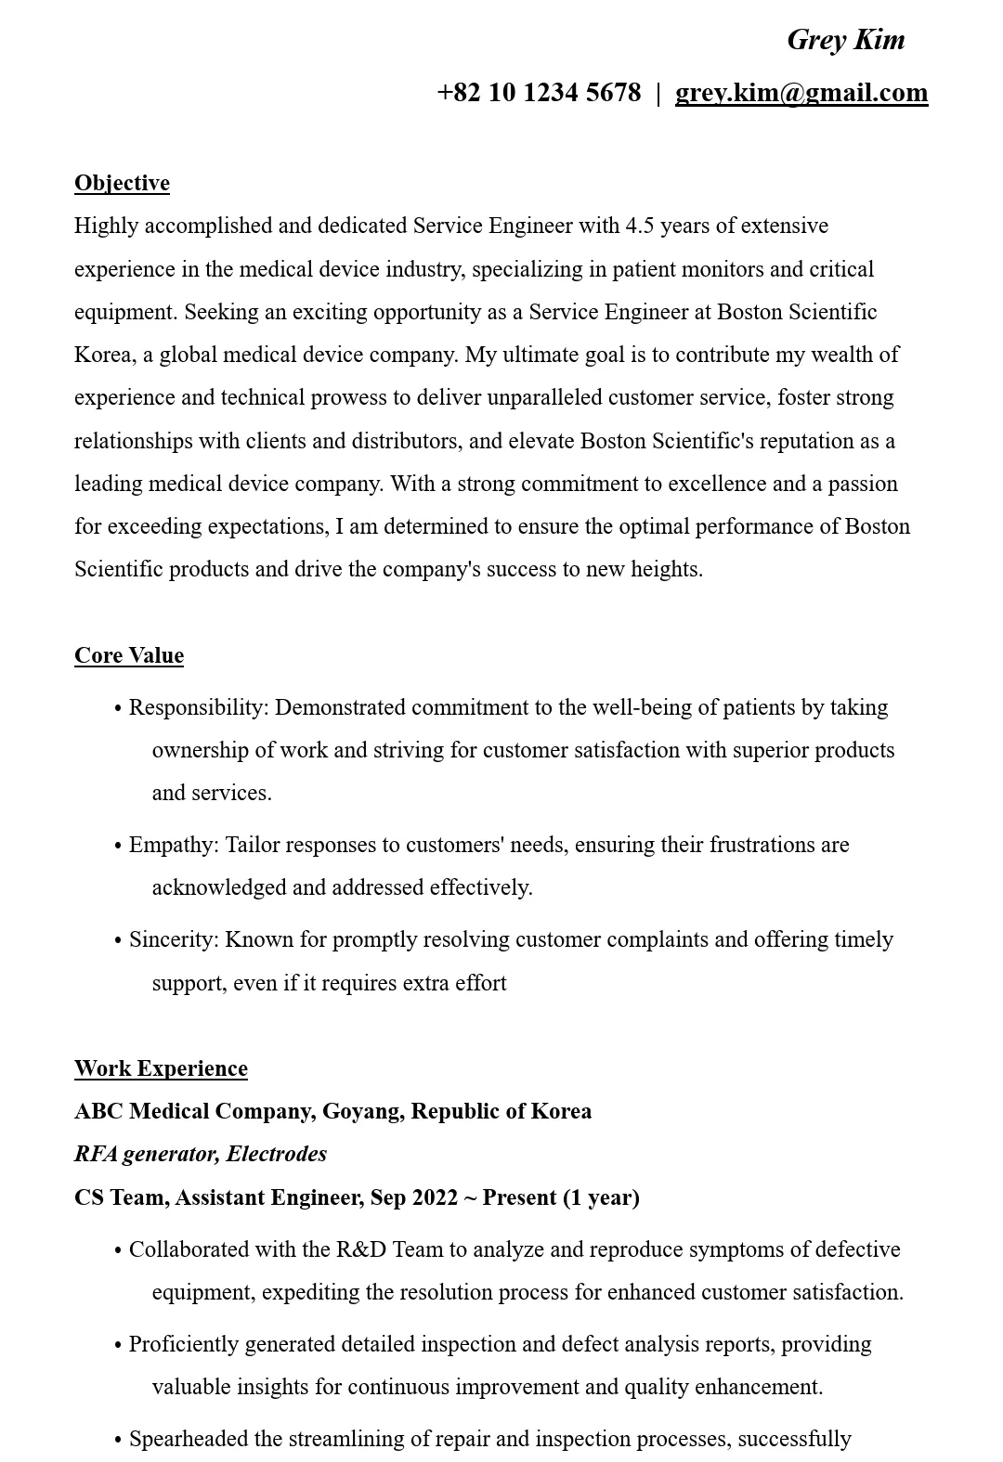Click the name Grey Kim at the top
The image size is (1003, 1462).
(x=845, y=40)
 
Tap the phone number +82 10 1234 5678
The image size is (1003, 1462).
(x=539, y=93)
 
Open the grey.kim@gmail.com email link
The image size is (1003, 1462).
(x=801, y=93)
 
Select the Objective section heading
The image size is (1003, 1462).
(x=122, y=183)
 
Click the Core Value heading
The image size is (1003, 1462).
(x=129, y=655)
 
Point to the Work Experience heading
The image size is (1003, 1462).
(x=161, y=1068)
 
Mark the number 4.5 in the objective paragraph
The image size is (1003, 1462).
(x=640, y=226)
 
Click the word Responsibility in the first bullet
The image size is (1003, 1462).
(x=196, y=707)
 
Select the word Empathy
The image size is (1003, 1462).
(x=172, y=845)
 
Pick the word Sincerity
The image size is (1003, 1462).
(x=172, y=939)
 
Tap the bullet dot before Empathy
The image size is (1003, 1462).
(x=118, y=847)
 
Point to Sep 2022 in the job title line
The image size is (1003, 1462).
(x=413, y=1197)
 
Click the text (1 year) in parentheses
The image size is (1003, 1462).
(x=601, y=1197)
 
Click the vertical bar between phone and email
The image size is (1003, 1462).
(x=658, y=93)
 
